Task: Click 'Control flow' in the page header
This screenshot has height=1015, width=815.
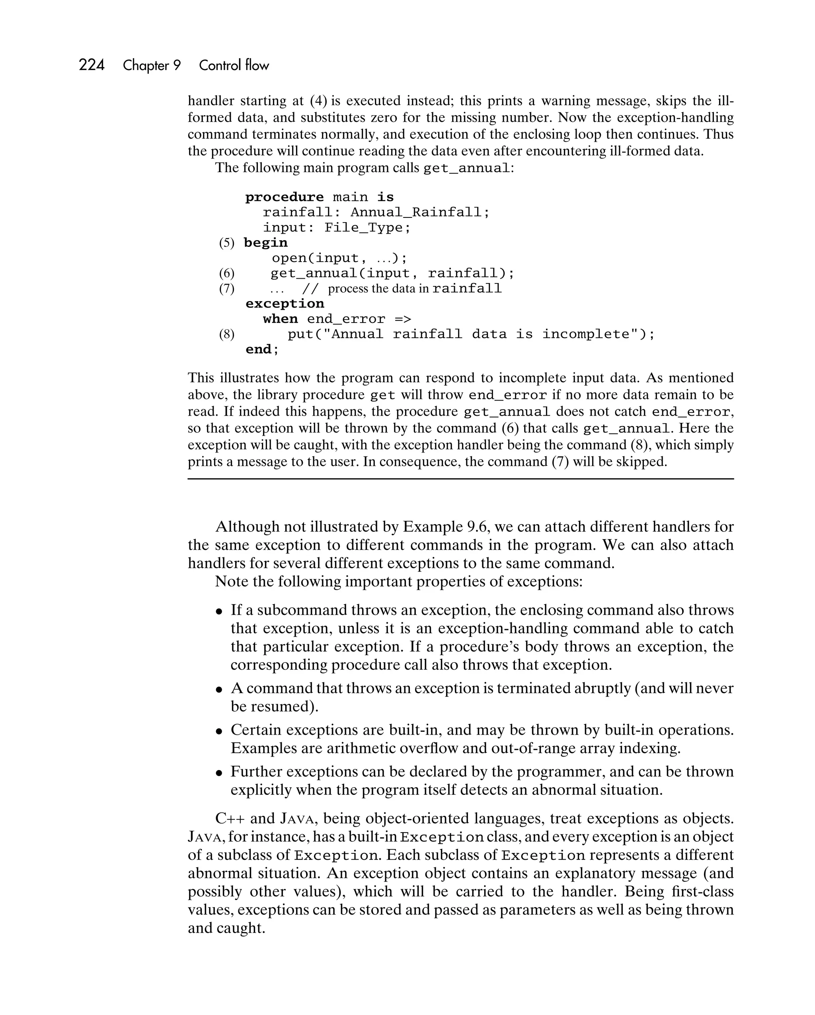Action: click(x=234, y=65)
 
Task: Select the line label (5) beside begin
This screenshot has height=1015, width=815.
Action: click(x=226, y=243)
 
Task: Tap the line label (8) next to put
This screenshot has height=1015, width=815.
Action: click(x=226, y=334)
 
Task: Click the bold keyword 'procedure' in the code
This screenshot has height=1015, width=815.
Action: click(x=284, y=197)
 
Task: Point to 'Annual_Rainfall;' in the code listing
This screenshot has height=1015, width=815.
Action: click(x=420, y=212)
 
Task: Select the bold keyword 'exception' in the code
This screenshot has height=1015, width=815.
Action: click(x=285, y=304)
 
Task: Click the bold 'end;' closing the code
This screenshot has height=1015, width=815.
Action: click(x=262, y=349)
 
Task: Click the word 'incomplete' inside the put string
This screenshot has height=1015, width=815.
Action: click(x=586, y=334)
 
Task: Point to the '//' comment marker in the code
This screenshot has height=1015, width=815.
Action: click(x=310, y=289)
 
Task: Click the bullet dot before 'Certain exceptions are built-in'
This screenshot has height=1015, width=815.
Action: click(x=219, y=731)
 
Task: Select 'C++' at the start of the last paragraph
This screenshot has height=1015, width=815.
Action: click(x=230, y=818)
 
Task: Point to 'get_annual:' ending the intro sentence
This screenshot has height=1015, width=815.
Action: click(x=468, y=168)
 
